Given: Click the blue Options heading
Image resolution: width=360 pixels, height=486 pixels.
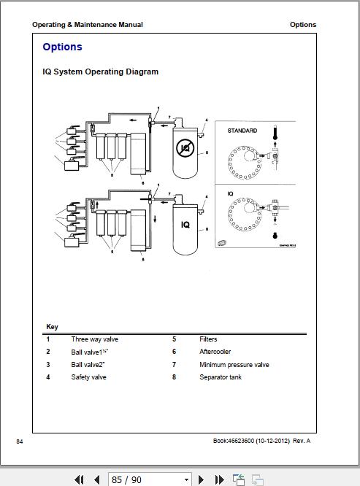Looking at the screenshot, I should pyautogui.click(x=62, y=47).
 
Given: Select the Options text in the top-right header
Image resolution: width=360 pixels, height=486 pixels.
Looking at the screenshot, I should pyautogui.click(x=302, y=25).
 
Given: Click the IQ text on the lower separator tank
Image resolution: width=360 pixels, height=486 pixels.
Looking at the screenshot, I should pyautogui.click(x=185, y=225).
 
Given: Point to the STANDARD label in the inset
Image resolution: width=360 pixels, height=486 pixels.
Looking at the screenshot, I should pyautogui.click(x=242, y=131).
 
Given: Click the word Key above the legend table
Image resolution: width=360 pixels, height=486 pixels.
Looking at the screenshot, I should pyautogui.click(x=52, y=327).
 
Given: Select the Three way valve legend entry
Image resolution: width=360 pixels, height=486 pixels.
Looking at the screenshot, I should pyautogui.click(x=94, y=339).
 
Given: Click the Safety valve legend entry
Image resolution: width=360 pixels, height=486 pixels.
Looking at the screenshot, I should pyautogui.click(x=88, y=377).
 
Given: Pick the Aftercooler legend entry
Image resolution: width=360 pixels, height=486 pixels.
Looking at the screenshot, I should pyautogui.click(x=215, y=352).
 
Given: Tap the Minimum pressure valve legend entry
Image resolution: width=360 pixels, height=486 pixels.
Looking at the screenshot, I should pyautogui.click(x=234, y=365).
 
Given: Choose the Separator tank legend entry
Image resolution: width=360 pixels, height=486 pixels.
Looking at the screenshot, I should pyautogui.click(x=220, y=377).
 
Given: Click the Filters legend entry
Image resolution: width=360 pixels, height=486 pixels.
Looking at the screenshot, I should pyautogui.click(x=208, y=339).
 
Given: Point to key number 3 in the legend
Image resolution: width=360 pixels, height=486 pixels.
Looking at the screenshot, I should pyautogui.click(x=48, y=365).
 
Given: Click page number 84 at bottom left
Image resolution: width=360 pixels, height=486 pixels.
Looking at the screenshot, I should pyautogui.click(x=20, y=441).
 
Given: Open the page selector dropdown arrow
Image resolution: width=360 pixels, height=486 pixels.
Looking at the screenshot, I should pyautogui.click(x=187, y=479).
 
